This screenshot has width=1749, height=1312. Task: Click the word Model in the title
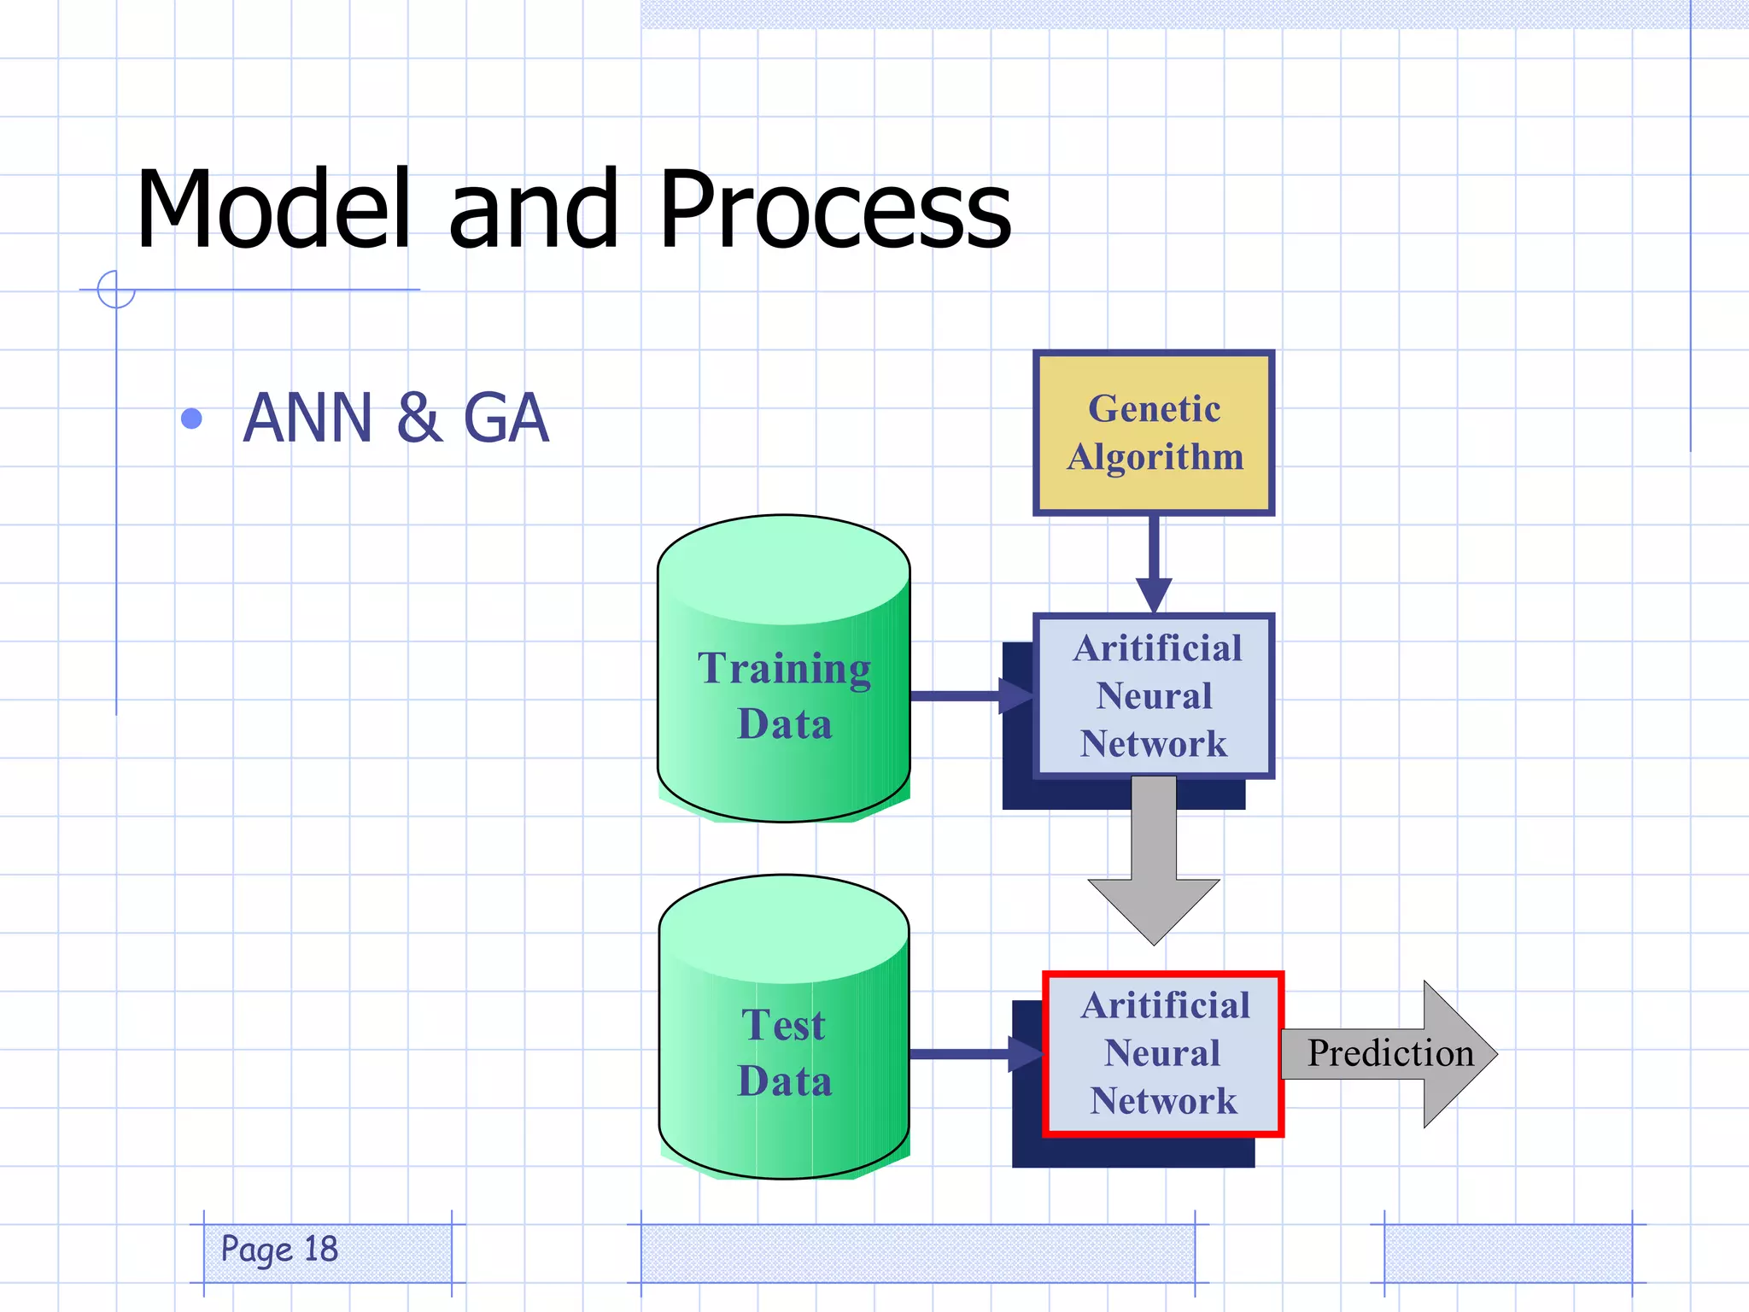click(273, 209)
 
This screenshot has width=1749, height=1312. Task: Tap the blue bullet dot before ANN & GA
click(192, 419)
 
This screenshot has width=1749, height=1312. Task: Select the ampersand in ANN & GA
click(419, 418)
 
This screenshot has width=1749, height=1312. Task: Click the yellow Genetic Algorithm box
click(1153, 433)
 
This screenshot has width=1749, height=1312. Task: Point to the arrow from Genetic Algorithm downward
click(1154, 564)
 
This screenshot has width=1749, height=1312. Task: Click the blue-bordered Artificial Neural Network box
click(1153, 695)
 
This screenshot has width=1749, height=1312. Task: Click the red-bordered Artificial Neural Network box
click(1163, 1053)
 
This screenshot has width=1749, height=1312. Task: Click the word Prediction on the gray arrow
click(1390, 1053)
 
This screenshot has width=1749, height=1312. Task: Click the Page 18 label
click(280, 1250)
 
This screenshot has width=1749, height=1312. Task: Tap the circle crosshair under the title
click(116, 290)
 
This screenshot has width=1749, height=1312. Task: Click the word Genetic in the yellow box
click(1154, 409)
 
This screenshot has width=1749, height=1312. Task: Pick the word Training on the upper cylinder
click(784, 669)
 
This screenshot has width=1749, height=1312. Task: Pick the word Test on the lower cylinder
click(783, 1025)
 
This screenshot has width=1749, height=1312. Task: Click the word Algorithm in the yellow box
click(1155, 457)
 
